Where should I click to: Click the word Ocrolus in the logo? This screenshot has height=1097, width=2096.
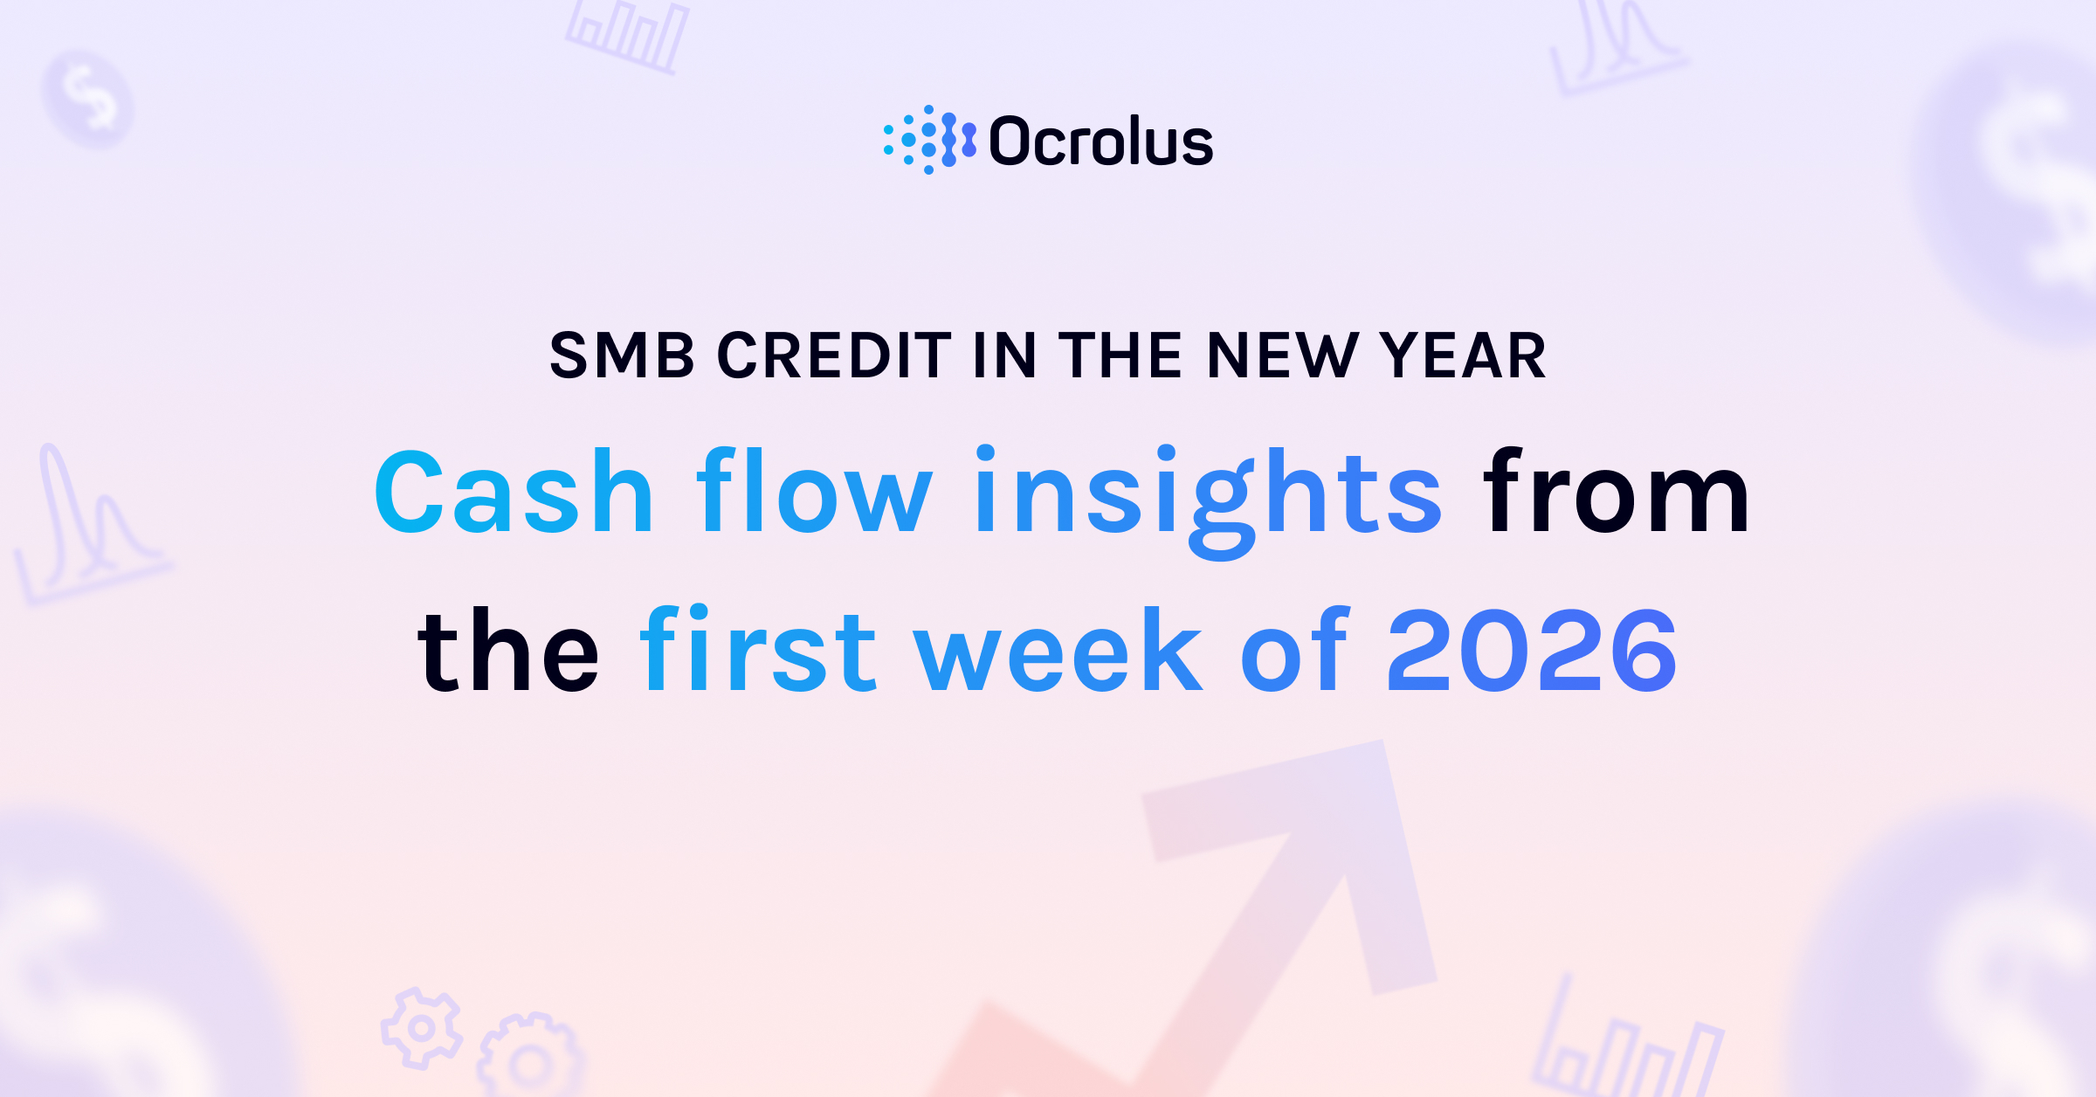coord(1100,141)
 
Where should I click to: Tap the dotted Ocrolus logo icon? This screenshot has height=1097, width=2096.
coord(929,140)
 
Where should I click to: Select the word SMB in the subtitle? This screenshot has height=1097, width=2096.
coord(622,356)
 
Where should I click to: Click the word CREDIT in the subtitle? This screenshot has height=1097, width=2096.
coord(834,356)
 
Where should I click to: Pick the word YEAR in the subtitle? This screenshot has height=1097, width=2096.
coord(1463,356)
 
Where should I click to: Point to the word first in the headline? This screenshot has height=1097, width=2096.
coord(758,651)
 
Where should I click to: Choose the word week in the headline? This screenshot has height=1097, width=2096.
coord(1058,651)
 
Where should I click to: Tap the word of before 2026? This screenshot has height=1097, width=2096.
coord(1294,651)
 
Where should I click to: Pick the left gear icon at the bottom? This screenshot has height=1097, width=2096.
coord(421,1028)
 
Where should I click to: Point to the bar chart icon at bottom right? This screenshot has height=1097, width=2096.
coord(1626,1048)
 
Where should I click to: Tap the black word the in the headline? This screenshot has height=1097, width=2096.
coord(508,651)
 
